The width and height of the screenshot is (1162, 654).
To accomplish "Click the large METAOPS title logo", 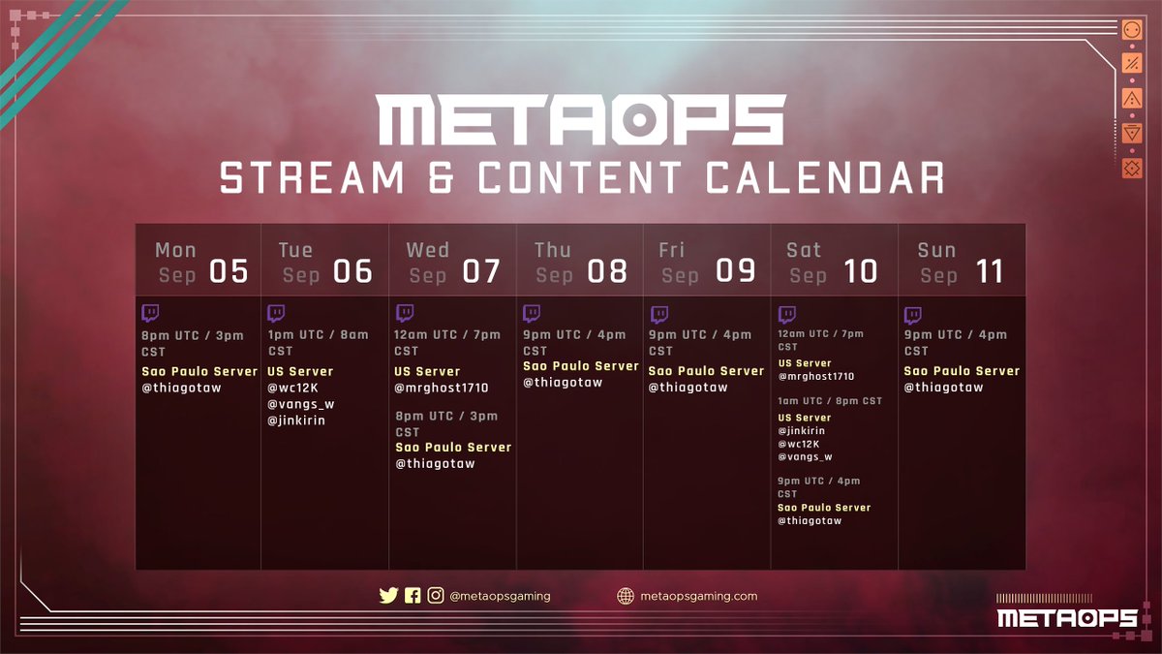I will click(581, 120).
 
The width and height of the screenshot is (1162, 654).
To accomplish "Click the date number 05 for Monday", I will click(229, 271).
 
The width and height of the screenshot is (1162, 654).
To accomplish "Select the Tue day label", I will click(295, 250).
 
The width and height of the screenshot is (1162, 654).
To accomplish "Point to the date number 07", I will click(481, 271).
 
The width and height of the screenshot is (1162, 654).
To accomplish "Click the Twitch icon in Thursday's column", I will click(532, 313).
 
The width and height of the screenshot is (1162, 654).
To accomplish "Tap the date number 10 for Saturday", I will click(861, 271).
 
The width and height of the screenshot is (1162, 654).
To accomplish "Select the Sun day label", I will click(936, 250).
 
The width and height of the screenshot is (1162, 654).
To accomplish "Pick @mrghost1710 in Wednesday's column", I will click(441, 388).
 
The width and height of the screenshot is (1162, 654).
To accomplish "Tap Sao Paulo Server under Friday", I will click(706, 371).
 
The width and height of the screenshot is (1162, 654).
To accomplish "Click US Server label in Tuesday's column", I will click(300, 371).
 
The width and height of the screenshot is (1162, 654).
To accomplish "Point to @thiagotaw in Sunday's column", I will click(943, 388).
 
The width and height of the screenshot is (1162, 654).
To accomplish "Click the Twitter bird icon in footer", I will click(388, 596).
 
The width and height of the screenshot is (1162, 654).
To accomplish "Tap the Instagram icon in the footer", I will click(436, 596).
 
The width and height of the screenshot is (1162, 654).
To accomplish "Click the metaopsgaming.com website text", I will click(698, 596).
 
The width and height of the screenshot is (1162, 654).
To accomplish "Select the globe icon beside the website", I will click(626, 596).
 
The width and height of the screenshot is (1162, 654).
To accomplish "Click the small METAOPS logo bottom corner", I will click(1066, 617).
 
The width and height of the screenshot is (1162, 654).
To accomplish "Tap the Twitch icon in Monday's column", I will click(150, 313).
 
